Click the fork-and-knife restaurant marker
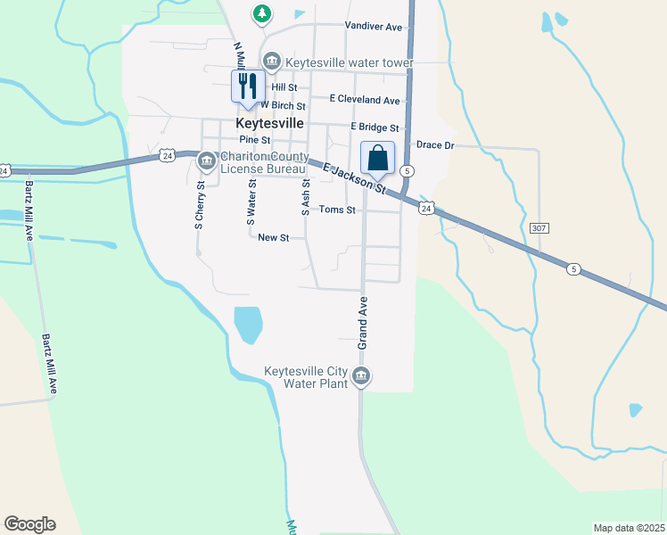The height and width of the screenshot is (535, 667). (247, 86)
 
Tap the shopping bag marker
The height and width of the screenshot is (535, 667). (377, 158)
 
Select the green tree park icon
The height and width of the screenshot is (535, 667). (261, 13)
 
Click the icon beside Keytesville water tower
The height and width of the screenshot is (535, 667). (272, 63)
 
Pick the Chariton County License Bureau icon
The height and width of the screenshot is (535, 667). (206, 161)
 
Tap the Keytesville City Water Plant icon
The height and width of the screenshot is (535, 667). (361, 377)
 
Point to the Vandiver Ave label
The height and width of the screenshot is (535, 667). (375, 27)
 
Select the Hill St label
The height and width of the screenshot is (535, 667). (284, 87)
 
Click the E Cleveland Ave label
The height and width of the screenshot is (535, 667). (365, 100)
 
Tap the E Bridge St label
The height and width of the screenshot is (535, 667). (375, 128)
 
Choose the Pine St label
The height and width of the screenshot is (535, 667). (254, 140)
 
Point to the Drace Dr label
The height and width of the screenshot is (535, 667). (435, 144)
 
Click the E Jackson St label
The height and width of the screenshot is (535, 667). (354, 178)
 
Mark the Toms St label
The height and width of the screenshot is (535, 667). (338, 210)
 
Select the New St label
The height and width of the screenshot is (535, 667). (274, 238)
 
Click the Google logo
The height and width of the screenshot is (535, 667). (29, 524)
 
